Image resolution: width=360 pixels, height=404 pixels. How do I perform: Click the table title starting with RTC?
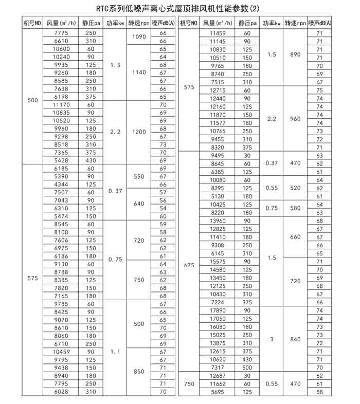(x=179, y=9)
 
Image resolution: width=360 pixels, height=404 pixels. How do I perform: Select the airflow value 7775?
(x=61, y=33)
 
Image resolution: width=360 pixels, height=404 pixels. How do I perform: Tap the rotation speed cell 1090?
(x=139, y=36)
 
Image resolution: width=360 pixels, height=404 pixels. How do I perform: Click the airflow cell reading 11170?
(x=61, y=104)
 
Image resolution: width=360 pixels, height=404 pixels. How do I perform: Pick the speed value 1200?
(x=139, y=132)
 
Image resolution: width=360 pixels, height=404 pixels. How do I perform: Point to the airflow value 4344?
(x=61, y=184)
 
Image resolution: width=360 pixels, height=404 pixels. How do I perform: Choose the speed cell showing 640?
(x=139, y=204)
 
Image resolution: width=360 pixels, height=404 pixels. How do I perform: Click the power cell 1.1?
(x=115, y=352)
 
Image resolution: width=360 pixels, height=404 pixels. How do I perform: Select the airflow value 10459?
(x=61, y=352)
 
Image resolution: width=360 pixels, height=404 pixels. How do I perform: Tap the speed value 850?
(x=139, y=371)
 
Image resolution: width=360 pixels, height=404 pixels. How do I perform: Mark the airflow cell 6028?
(x=61, y=392)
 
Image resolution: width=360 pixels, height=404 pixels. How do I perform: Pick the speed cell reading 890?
(x=295, y=54)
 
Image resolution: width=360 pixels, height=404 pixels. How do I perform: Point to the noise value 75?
(x=319, y=90)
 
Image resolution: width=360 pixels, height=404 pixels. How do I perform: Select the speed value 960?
(x=295, y=118)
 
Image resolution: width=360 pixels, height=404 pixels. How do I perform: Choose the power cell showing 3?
(x=272, y=339)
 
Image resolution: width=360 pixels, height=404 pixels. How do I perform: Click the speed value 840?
(x=295, y=339)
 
